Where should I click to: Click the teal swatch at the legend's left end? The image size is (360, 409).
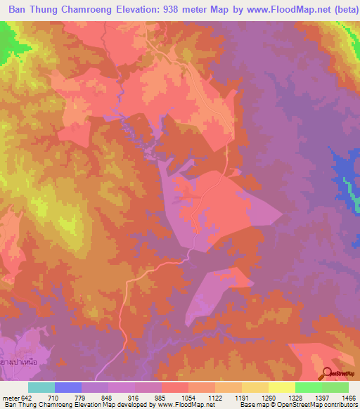pyautogui.click(x=41, y=387)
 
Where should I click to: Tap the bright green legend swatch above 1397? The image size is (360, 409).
pyautogui.click(x=309, y=387)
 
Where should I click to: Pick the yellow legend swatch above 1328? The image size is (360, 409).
pyautogui.click(x=282, y=387)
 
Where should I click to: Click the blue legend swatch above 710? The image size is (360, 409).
pyautogui.click(x=68, y=387)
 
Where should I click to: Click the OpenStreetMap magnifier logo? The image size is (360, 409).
pyautogui.click(x=327, y=374)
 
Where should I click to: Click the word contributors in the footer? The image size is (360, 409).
pyautogui.click(x=340, y=405)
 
